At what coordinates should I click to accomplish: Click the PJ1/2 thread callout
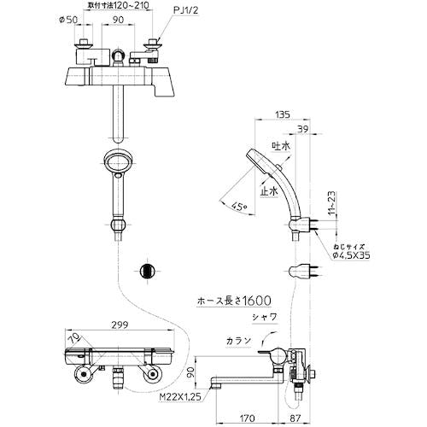coord(185,10)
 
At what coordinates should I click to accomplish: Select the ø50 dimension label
coord(68,20)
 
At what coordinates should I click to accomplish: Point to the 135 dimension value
coord(283,114)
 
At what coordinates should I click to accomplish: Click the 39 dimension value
coord(302,129)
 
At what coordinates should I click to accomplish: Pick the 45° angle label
coord(238,206)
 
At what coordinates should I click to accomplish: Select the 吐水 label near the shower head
coord(281,146)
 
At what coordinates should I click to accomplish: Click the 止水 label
coord(269,191)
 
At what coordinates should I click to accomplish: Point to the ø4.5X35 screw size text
coord(352,255)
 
